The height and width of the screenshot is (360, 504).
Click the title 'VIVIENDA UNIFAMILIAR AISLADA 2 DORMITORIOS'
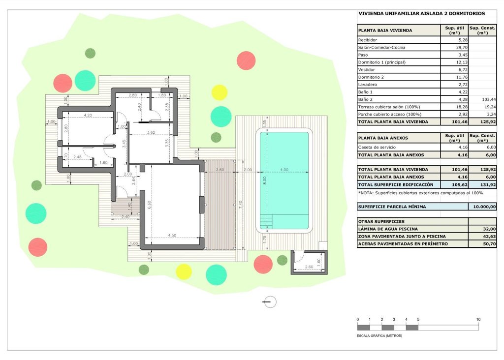point(422,14)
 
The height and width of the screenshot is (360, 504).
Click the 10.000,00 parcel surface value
point(485,207)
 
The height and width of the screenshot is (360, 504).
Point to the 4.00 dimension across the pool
point(284,170)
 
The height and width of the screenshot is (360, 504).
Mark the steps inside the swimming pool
point(265,221)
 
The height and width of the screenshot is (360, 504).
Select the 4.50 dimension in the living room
point(172,235)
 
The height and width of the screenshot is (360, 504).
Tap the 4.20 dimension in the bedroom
point(88,115)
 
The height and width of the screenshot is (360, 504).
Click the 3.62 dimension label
point(151,132)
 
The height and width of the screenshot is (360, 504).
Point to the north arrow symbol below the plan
point(270,302)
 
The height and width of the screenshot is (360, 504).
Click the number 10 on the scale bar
point(478,320)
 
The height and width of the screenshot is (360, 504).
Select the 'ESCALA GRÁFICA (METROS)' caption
point(379,335)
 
